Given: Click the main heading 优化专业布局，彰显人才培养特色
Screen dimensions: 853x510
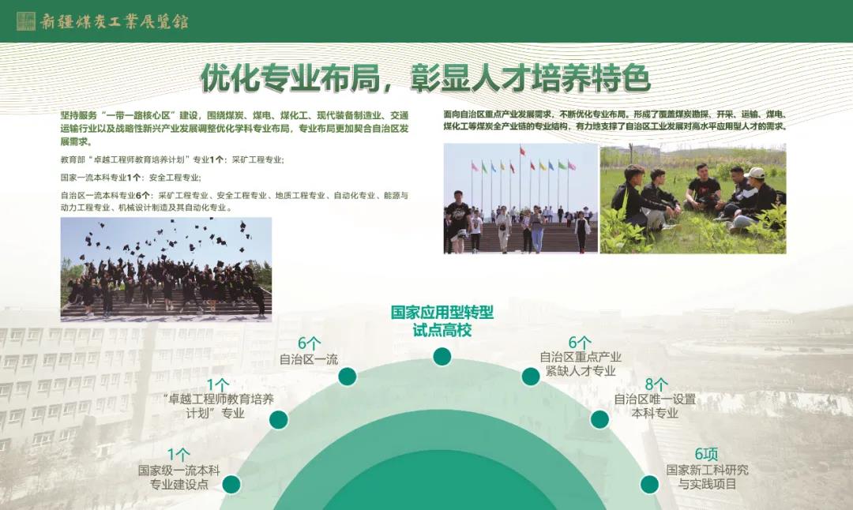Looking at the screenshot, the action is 426,78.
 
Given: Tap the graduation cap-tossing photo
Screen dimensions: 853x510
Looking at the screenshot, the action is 166,270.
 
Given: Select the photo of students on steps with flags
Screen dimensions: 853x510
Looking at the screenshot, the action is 520,198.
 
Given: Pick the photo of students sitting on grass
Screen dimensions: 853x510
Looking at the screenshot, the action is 693,198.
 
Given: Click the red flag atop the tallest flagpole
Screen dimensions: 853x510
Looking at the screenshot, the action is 522,149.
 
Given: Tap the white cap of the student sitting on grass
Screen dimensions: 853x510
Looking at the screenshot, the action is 755,173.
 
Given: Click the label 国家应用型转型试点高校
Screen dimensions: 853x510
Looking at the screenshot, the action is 442,321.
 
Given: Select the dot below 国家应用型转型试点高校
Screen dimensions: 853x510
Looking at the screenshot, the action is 442,357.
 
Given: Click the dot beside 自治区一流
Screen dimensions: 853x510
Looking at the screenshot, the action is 347,377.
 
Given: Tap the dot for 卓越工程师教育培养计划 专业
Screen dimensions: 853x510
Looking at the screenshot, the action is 279,419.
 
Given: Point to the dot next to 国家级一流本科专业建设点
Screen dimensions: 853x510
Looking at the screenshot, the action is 231,484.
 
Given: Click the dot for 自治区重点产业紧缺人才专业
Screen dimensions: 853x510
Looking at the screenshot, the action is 531,377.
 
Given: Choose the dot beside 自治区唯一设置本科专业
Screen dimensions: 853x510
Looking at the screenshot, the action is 599,419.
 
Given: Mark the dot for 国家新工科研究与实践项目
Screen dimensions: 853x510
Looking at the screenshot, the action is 649,484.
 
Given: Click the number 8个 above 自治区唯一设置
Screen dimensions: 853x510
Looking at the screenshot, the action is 656,385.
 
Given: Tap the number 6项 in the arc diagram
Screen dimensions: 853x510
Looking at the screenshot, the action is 706,454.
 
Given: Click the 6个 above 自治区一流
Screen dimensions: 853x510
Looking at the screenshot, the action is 309,343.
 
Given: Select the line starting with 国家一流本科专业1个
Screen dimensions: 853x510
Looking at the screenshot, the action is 130,178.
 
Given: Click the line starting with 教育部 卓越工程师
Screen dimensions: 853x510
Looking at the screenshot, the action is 172,159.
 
